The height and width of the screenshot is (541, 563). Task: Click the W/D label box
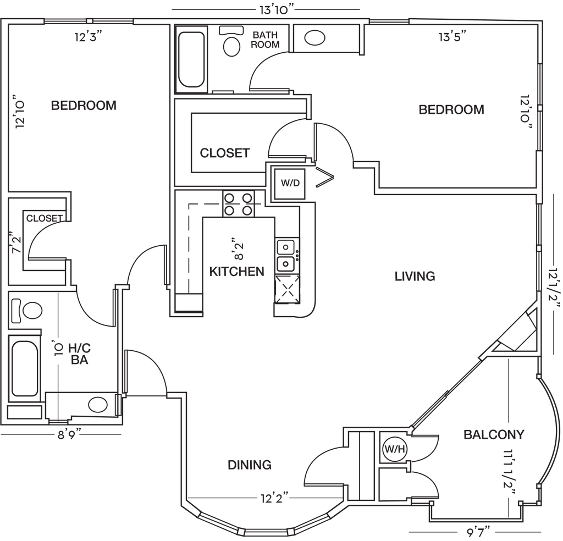(x=290, y=183)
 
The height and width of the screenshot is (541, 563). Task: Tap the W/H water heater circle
(x=395, y=449)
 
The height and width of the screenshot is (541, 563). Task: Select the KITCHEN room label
(x=236, y=272)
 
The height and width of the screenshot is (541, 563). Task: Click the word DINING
(x=250, y=465)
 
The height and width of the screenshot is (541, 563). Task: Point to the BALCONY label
(x=494, y=435)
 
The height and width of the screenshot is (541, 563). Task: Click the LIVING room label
(x=415, y=276)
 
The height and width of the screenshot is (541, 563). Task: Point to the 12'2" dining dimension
(x=275, y=499)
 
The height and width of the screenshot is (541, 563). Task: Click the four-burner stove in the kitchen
(x=239, y=204)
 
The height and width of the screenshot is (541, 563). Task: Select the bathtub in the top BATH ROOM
(x=191, y=59)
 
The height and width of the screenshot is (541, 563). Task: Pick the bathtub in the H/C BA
(x=24, y=368)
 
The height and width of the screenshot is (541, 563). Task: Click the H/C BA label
(x=79, y=354)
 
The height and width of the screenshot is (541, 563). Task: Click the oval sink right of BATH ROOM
(x=314, y=38)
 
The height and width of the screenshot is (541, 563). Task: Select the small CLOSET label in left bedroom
(x=45, y=218)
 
